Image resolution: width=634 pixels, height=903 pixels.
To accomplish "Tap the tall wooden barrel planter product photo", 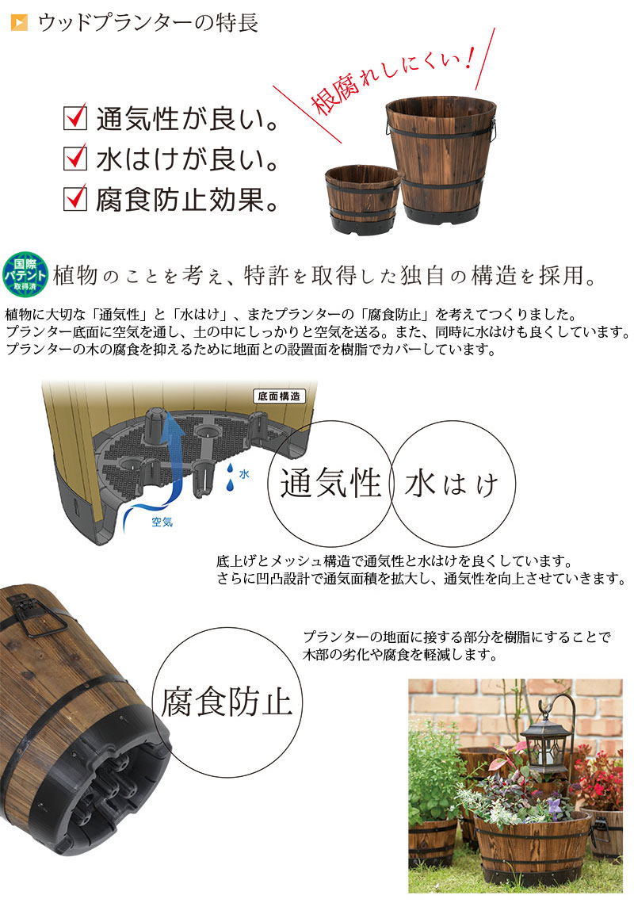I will click(x=441, y=159).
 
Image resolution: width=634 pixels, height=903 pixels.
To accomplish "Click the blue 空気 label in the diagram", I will click(x=162, y=522).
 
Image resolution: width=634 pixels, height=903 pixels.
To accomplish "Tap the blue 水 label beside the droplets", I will click(x=244, y=474).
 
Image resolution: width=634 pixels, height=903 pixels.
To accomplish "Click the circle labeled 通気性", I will click(x=331, y=482).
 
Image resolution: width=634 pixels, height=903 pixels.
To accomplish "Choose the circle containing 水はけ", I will click(x=453, y=483).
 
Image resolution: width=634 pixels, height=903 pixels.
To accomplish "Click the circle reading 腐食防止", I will click(x=227, y=702).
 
